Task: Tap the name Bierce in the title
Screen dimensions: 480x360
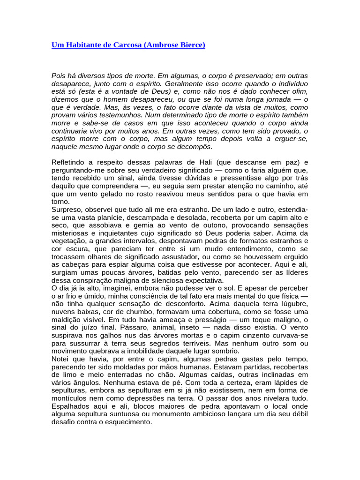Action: [190, 45]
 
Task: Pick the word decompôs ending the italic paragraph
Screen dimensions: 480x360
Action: [195, 147]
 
